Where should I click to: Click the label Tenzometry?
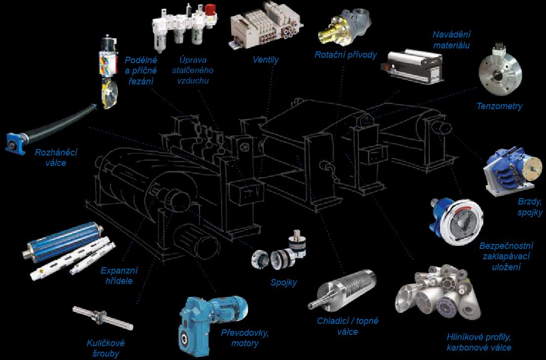tap(499, 106)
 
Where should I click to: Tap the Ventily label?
tap(266, 60)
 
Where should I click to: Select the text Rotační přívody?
tap(346, 55)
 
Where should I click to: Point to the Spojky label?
tap(284, 282)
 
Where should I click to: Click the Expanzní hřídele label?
tap(119, 276)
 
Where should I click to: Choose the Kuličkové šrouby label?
tap(106, 348)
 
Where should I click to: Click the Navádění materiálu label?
tap(451, 40)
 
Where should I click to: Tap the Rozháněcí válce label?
tap(56, 158)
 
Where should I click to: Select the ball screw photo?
tap(103, 317)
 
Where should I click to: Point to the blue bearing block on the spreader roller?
tap(15, 143)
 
